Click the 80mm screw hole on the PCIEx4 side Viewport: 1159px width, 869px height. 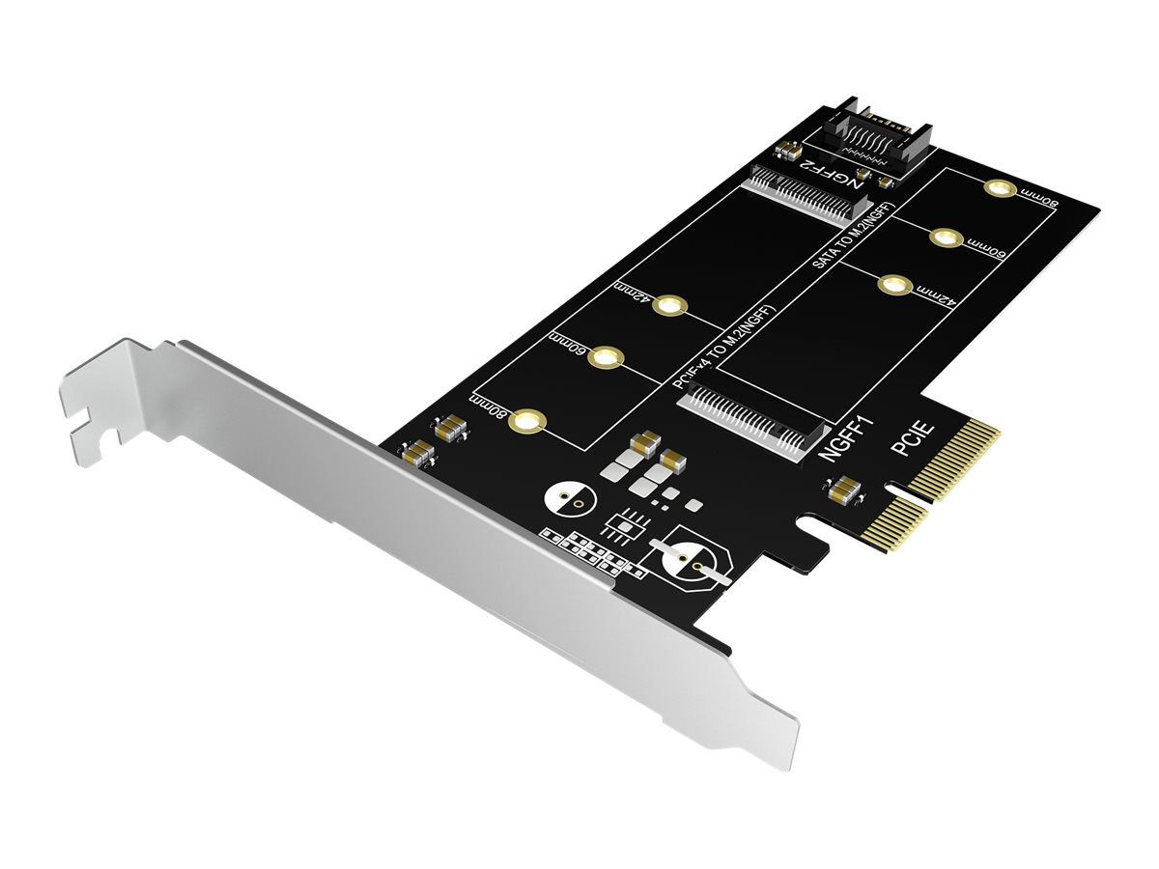527,421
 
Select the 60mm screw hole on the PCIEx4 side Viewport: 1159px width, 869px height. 604,359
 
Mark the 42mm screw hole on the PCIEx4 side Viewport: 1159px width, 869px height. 668,307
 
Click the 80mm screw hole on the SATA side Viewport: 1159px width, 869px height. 1000,187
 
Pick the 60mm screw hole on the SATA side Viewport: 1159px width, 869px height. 947,237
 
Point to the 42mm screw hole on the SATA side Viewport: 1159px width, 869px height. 893,285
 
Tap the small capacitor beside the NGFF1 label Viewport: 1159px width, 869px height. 841,491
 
